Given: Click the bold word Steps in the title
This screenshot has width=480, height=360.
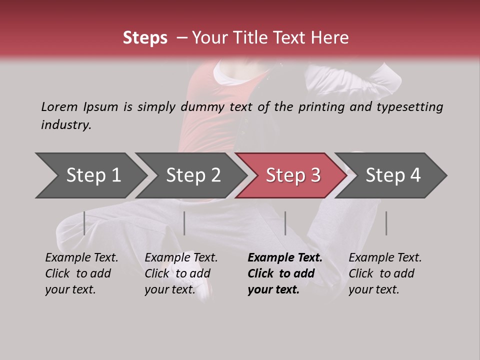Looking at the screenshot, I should pos(145,38).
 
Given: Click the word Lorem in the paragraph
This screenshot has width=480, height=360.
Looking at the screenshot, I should pos(59,106).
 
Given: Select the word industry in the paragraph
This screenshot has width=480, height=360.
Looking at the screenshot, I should pos(65,125).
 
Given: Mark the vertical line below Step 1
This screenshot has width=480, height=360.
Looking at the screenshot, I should pos(84,223).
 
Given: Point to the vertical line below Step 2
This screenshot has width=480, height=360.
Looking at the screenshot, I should pos(184,223).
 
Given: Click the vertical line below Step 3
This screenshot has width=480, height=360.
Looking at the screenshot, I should pos(285,223).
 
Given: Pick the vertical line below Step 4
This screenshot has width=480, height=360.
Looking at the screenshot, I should pos(386,223).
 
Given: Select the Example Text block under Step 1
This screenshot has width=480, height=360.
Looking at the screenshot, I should pos(81,273).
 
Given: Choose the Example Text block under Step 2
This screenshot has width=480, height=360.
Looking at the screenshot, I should pos(181,273).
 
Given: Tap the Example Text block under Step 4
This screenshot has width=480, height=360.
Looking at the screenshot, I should pos(385,273).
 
